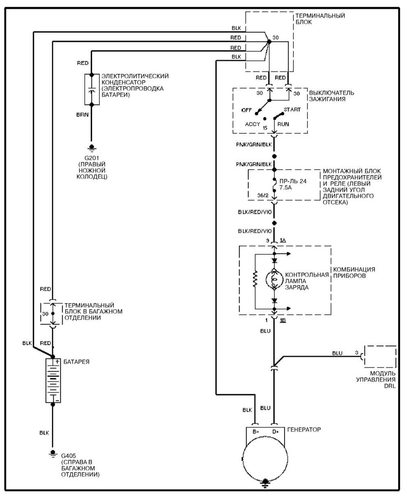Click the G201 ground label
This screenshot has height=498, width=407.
pyautogui.click(x=92, y=158)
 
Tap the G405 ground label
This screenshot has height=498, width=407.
pyautogui.click(x=68, y=456)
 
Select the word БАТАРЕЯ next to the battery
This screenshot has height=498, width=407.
pyautogui.click(x=77, y=362)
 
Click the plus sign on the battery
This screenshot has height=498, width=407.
pyautogui.click(x=57, y=362)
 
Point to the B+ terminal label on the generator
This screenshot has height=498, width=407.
pyautogui.click(x=256, y=432)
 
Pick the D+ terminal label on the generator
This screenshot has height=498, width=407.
pyautogui.click(x=276, y=432)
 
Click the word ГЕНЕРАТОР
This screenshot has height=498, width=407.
pyautogui.click(x=304, y=430)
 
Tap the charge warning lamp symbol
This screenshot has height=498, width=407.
pyautogui.click(x=274, y=280)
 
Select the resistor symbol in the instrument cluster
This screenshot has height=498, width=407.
pyautogui.click(x=255, y=279)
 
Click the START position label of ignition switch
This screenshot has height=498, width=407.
pyautogui.click(x=292, y=109)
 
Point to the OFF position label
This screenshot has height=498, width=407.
pyautogui.click(x=247, y=110)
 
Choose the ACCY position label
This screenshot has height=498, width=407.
pyautogui.click(x=252, y=124)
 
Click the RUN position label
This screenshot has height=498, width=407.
pyautogui.click(x=283, y=124)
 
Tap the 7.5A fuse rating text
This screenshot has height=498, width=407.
pyautogui.click(x=286, y=188)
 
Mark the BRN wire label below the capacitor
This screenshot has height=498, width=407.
pyautogui.click(x=83, y=115)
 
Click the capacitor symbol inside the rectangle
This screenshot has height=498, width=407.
pyautogui.click(x=92, y=90)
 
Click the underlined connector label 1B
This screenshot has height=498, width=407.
pyautogui.click(x=283, y=321)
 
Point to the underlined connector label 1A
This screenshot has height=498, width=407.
pyautogui.click(x=283, y=240)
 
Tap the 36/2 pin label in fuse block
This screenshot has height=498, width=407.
pyautogui.click(x=263, y=196)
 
